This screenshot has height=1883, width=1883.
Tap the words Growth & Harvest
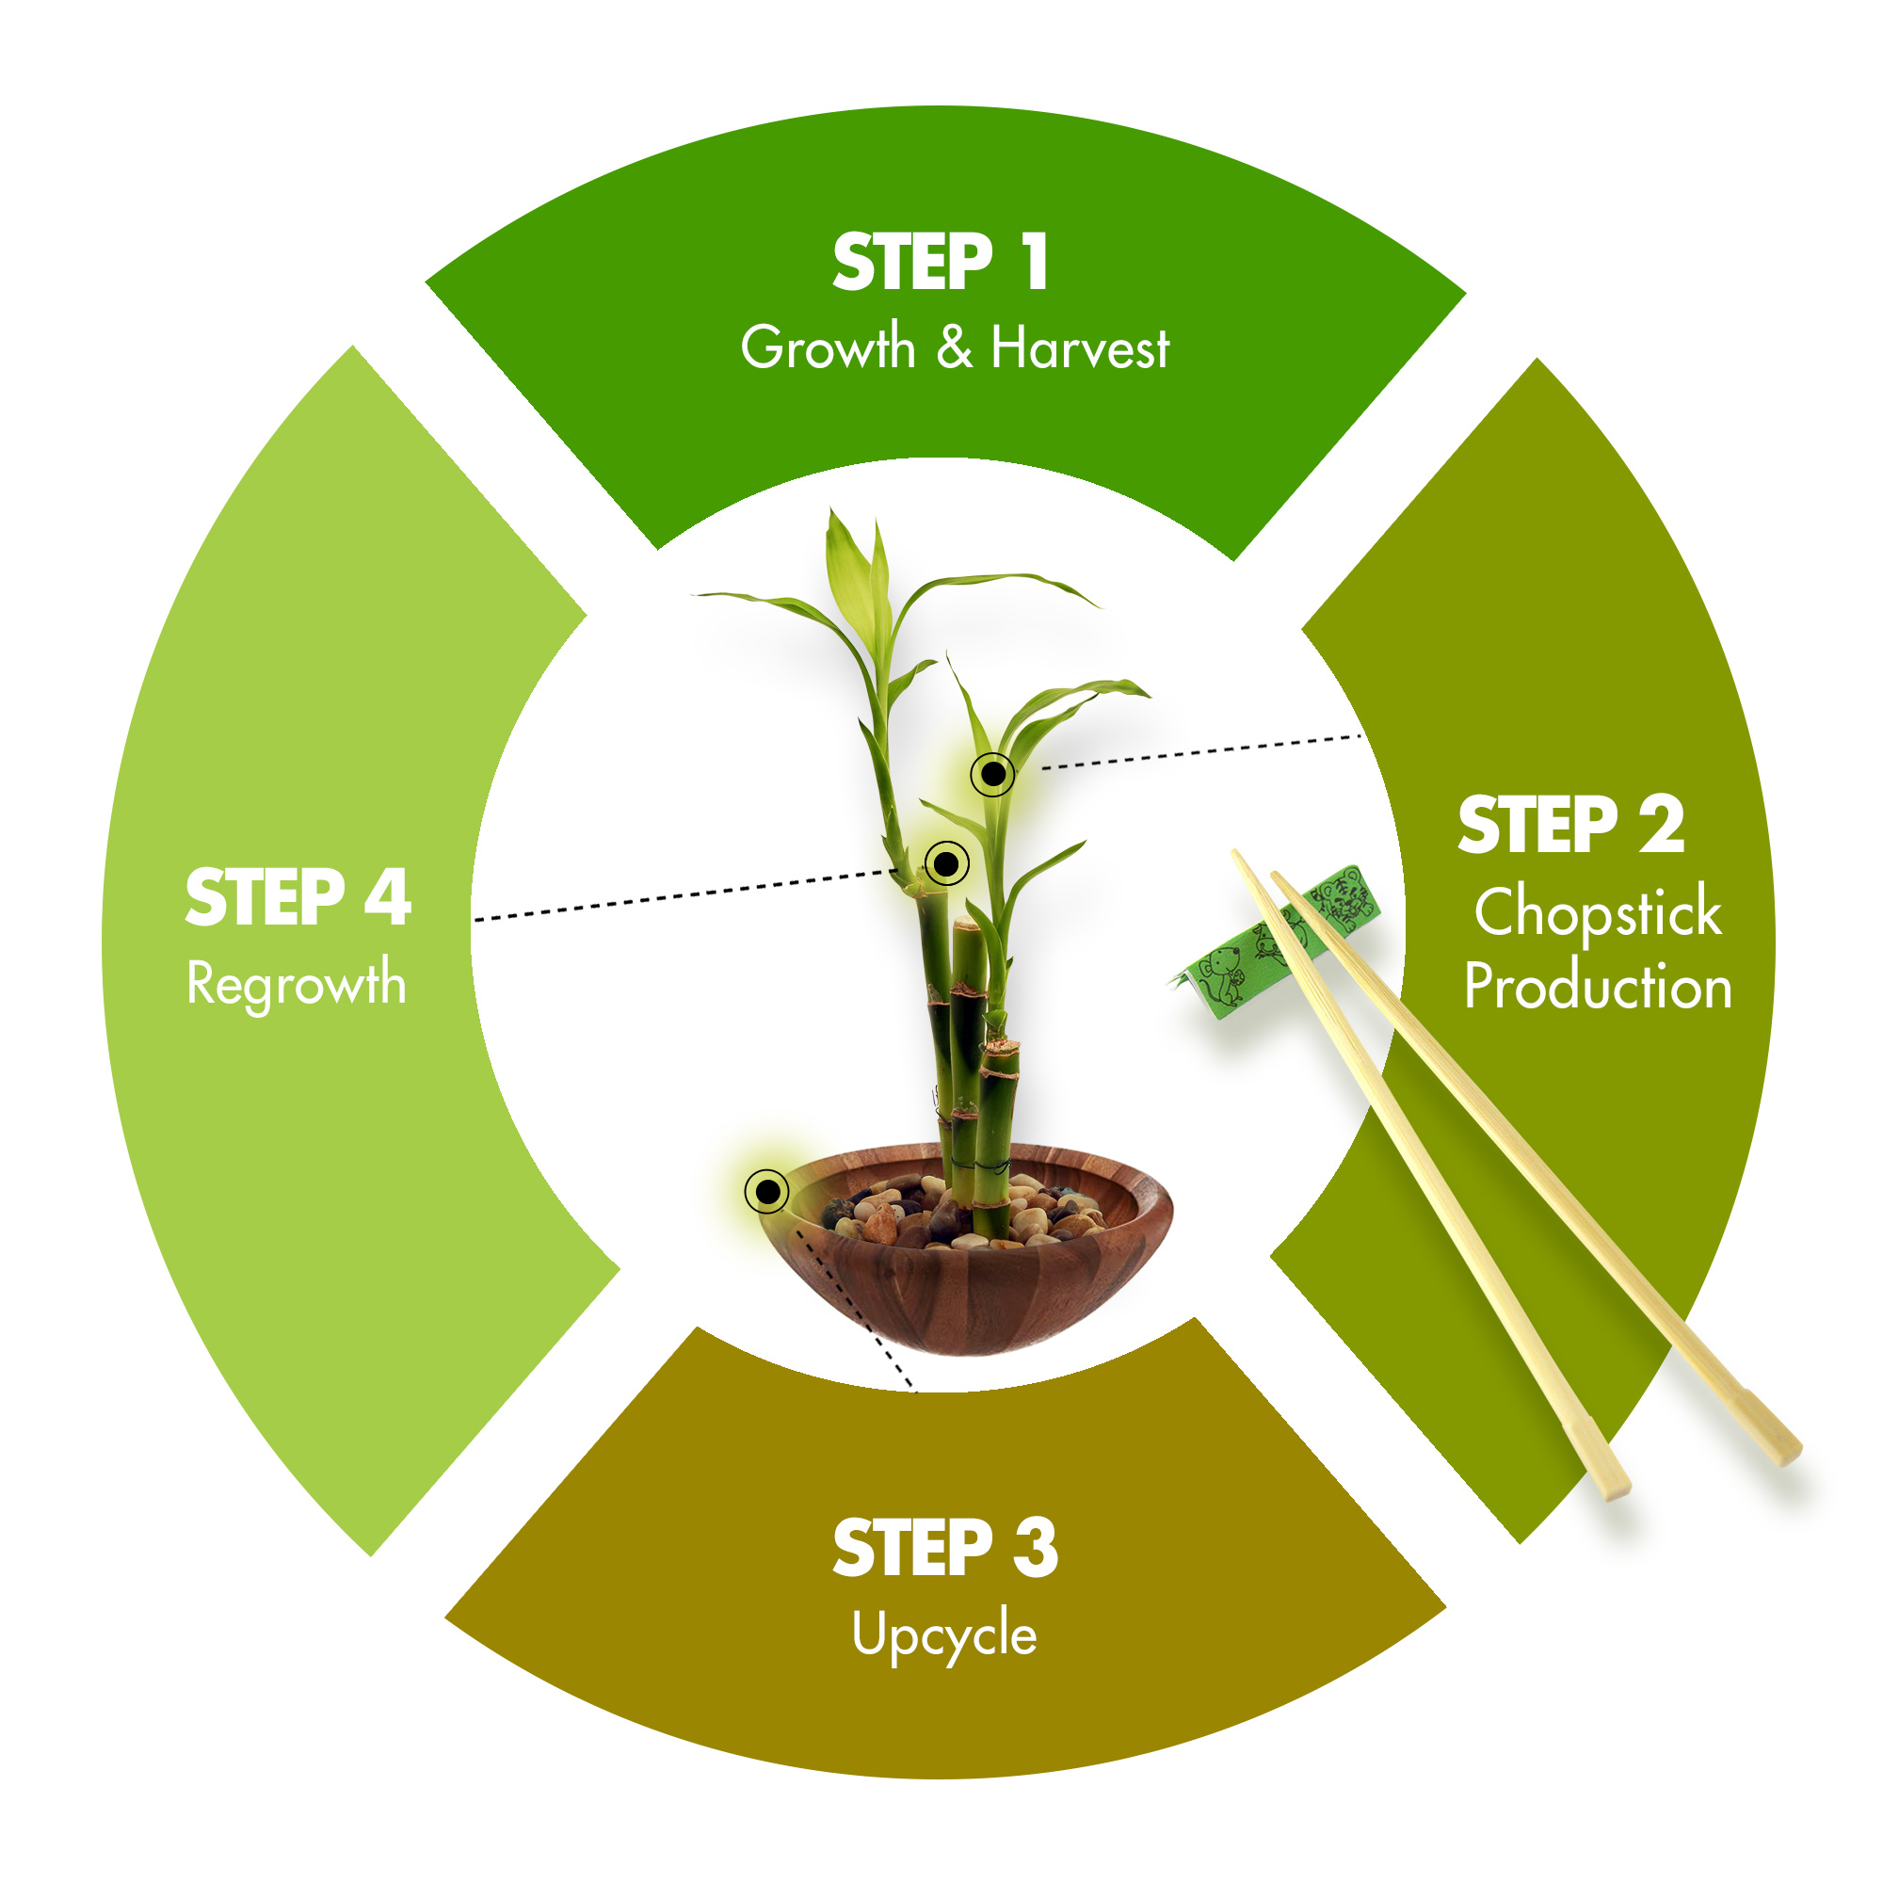coord(955,348)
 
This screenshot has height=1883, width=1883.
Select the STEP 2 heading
coord(1571,825)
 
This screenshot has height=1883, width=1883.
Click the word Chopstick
coord(1599,914)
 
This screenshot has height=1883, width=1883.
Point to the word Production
coord(1599,987)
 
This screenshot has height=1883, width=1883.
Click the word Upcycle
coord(944,1635)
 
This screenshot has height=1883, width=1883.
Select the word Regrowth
coord(297,985)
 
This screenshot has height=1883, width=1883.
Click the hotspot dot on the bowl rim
coord(767,1191)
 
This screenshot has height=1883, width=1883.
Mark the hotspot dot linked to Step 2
coord(993,775)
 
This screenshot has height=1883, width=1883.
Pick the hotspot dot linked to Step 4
coord(946,862)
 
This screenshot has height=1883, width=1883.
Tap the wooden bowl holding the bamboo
coord(966,1250)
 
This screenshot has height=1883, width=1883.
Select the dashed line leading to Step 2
coord(1201,752)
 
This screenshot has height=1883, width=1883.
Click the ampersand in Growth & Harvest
coord(955,348)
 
